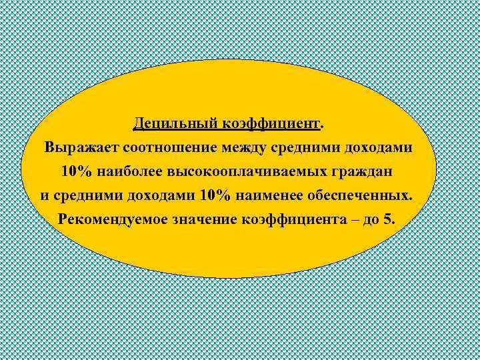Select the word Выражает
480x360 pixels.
coord(78,147)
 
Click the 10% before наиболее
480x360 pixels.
coord(77,171)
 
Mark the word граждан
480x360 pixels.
coord(365,171)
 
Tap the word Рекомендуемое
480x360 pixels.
coord(111,219)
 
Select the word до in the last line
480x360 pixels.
coord(372,219)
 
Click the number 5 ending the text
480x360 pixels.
coord(389,219)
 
